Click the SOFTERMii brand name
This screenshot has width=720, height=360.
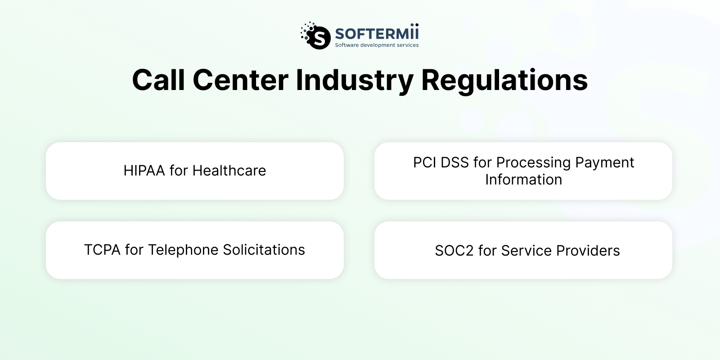click(x=377, y=34)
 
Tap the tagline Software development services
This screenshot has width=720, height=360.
click(x=377, y=45)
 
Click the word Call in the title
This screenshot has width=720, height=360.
click(x=158, y=81)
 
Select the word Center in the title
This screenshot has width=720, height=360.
click(x=240, y=81)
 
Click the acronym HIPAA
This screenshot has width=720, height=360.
click(x=144, y=171)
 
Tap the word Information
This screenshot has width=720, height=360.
click(x=523, y=180)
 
